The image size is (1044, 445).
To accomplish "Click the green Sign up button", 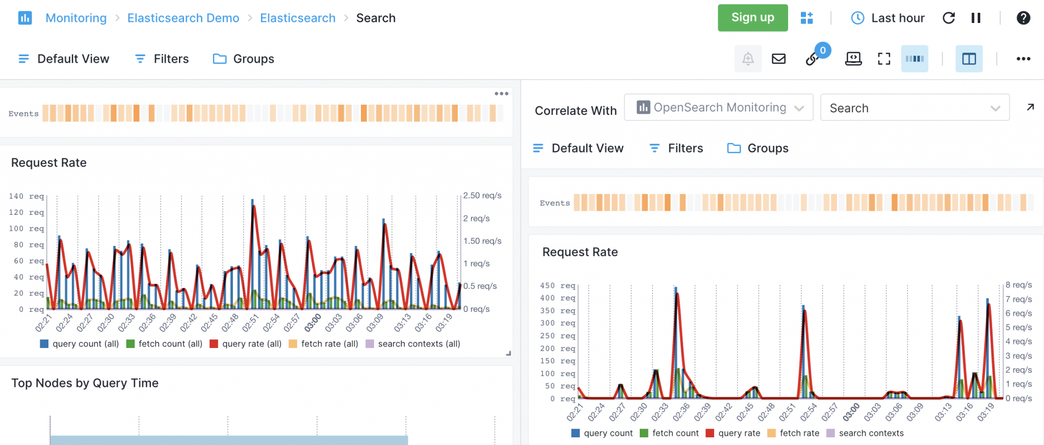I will [752, 18].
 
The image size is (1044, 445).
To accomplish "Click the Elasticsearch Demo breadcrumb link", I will [183, 18].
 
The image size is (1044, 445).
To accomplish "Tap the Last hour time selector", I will [888, 18].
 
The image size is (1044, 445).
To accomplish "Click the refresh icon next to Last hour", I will [949, 18].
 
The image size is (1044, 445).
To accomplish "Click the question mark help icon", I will [1023, 18].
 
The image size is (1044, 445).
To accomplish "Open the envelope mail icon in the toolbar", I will [778, 59].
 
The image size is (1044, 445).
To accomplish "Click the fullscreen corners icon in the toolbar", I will [884, 59].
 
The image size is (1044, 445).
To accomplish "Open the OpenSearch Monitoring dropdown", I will [718, 108].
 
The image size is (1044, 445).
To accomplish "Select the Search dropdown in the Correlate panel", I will [915, 108].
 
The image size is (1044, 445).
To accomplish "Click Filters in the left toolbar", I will [162, 59].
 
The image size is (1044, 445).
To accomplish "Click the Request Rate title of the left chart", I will [49, 163].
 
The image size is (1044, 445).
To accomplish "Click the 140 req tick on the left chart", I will [26, 196].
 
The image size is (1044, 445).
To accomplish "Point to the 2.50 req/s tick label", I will [482, 195].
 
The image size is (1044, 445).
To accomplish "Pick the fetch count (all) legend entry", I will [164, 344].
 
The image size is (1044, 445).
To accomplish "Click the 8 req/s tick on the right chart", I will [1019, 285].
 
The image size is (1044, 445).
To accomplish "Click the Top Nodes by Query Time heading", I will [85, 383].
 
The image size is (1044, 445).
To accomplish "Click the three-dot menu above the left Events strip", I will [501, 93].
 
